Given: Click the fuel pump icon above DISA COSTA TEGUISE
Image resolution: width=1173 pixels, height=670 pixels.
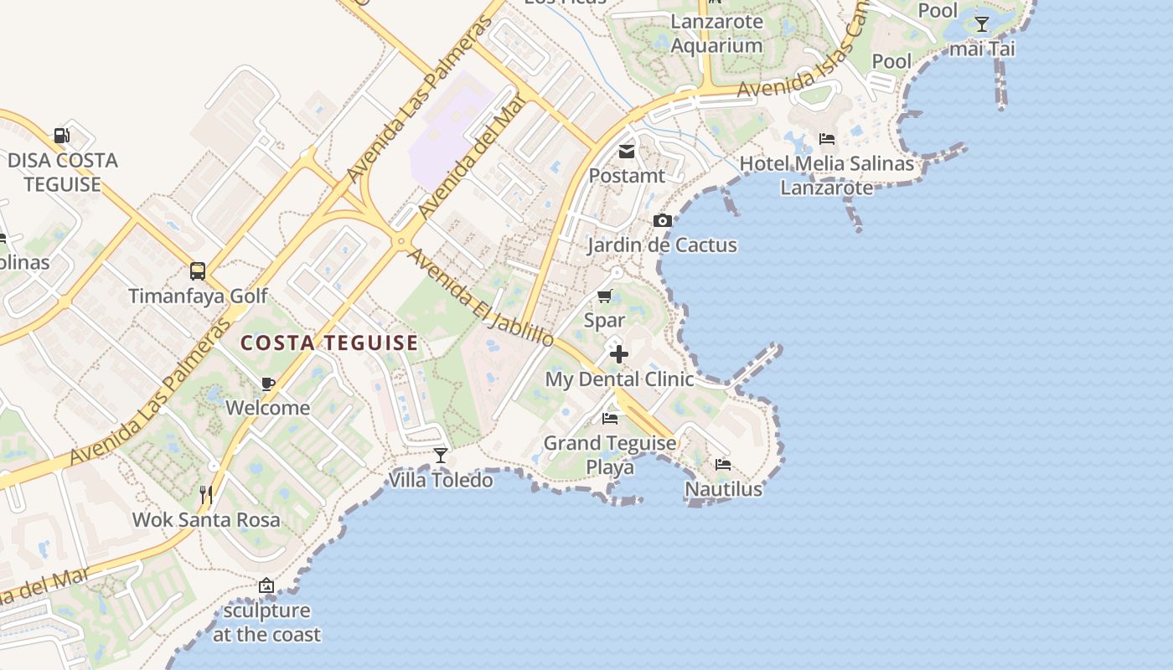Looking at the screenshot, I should click(61, 135).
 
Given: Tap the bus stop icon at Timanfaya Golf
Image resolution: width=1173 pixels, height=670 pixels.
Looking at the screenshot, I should click(198, 271).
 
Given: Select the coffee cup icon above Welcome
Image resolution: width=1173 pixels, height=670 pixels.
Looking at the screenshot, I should click(267, 384).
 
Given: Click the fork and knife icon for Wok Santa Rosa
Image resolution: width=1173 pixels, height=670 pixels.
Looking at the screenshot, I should click(206, 495).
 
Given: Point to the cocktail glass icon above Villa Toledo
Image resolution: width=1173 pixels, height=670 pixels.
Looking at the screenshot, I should click(441, 456).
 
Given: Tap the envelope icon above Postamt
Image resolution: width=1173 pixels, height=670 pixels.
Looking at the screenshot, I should click(626, 152).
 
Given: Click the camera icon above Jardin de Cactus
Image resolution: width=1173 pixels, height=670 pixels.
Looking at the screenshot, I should click(663, 221).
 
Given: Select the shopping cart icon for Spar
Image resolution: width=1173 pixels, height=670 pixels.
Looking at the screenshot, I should click(604, 296).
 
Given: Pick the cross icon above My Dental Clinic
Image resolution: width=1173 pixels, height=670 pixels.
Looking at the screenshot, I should click(619, 354).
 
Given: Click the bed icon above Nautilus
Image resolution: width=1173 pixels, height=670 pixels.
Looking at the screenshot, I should click(723, 464).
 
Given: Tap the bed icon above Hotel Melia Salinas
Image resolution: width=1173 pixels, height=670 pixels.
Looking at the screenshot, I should click(827, 139).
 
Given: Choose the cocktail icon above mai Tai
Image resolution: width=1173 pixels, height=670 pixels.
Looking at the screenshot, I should click(981, 24).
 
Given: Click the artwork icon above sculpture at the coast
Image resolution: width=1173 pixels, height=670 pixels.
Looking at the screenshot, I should click(266, 586).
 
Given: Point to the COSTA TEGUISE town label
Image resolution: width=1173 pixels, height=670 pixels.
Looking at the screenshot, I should click(329, 343).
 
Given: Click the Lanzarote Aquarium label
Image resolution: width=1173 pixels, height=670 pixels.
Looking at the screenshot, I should click(717, 33).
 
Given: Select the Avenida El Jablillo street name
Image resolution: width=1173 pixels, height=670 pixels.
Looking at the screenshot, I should click(480, 297).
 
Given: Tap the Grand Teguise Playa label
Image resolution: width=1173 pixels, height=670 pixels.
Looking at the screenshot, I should click(610, 455).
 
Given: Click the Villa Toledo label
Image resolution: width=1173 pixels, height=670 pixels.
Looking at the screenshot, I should click(441, 480).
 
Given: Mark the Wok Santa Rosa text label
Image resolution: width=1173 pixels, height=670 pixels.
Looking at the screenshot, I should click(206, 519).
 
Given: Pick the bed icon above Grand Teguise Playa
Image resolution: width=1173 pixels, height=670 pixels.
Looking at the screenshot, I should click(610, 418).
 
